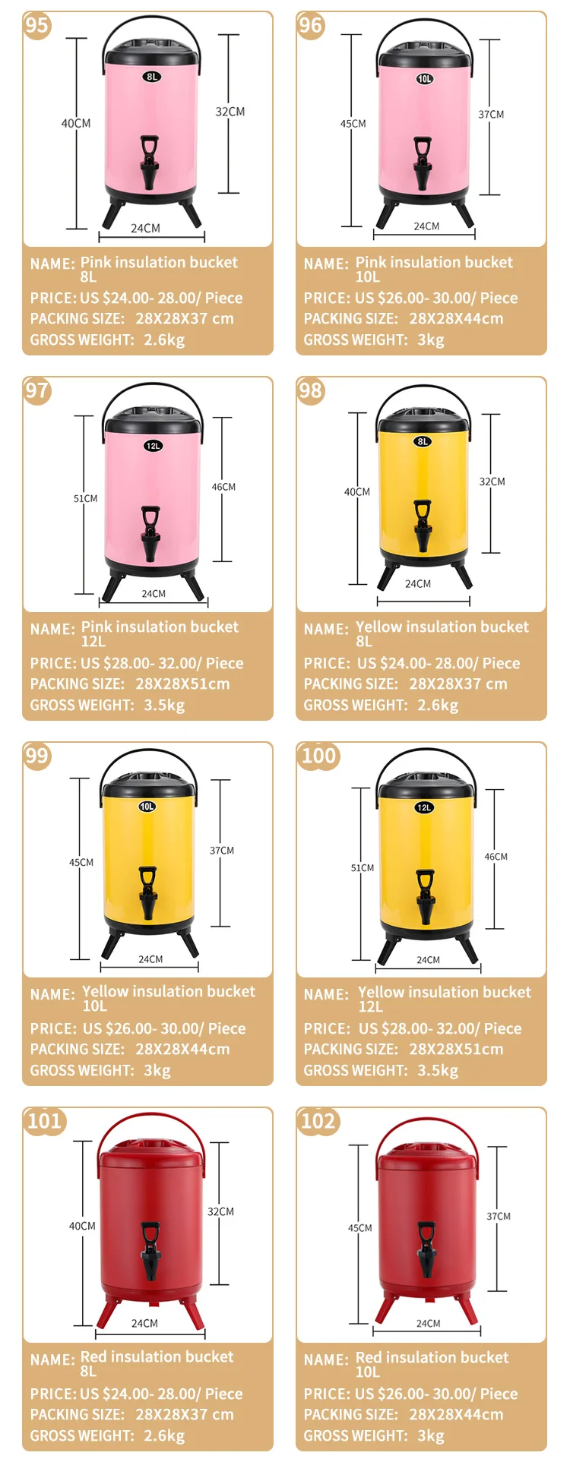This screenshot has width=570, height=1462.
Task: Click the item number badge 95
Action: tap(36, 26)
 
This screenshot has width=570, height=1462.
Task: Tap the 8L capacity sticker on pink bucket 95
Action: tap(152, 77)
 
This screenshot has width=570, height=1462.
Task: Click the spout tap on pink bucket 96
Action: tap(423, 163)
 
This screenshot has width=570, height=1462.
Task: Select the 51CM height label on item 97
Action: tap(85, 499)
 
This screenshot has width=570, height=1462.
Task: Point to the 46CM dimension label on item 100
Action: tap(496, 857)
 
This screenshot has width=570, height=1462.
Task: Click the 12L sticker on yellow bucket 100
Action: tap(424, 807)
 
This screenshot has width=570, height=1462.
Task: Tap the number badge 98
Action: tap(310, 391)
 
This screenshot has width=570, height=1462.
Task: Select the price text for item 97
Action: tap(137, 663)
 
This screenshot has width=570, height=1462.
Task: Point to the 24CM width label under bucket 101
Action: tap(144, 1323)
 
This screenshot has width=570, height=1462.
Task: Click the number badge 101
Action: tap(44, 1121)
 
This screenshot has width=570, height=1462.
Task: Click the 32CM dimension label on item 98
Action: tap(492, 482)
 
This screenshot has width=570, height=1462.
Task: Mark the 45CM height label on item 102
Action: tap(359, 1228)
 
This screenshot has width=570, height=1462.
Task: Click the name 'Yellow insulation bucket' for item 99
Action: tap(169, 991)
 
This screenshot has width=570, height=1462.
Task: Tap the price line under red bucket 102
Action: tap(410, 1394)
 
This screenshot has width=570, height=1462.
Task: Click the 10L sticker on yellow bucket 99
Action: tap(147, 807)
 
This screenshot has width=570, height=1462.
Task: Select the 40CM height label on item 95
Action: tap(76, 123)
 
